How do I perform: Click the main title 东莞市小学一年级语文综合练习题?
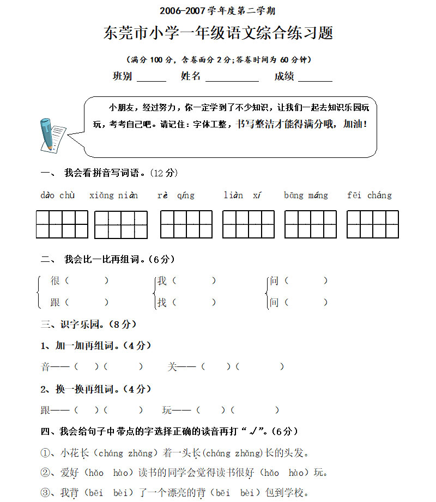pos(218,33)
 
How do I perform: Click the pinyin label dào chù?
pos(57,195)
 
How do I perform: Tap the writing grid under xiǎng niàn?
pos(120,225)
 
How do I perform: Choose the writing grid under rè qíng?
pos(186,224)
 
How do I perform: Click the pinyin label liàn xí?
pos(243,195)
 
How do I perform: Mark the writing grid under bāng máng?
pos(310,224)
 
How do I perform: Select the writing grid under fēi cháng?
pos(372,224)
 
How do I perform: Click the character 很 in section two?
pos(55,281)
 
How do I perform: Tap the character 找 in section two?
pos(162,302)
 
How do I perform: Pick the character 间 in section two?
pos(274,302)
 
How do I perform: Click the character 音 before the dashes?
pos(46,367)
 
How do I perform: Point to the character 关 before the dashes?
pos(173,367)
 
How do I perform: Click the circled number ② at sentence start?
pos(45,473)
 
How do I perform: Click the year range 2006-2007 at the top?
pos(183,11)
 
